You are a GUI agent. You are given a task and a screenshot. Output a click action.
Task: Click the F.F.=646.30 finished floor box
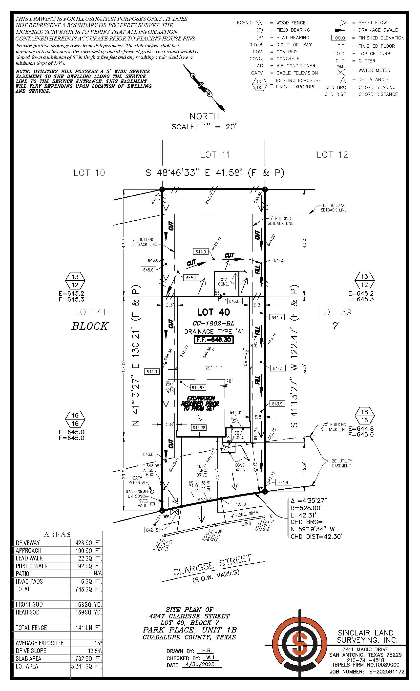(x=213, y=340)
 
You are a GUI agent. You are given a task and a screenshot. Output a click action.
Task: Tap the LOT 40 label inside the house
(x=213, y=312)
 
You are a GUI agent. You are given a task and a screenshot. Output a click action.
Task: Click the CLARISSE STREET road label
(x=212, y=565)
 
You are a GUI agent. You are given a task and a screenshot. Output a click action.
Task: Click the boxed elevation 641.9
(x=283, y=482)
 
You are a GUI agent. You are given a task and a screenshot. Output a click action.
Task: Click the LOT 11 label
(x=215, y=154)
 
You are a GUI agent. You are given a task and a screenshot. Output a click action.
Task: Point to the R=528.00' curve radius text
(x=306, y=508)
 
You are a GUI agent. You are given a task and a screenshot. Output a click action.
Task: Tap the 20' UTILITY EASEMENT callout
(x=341, y=463)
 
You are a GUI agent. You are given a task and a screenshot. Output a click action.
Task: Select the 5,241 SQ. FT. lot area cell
(x=86, y=666)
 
